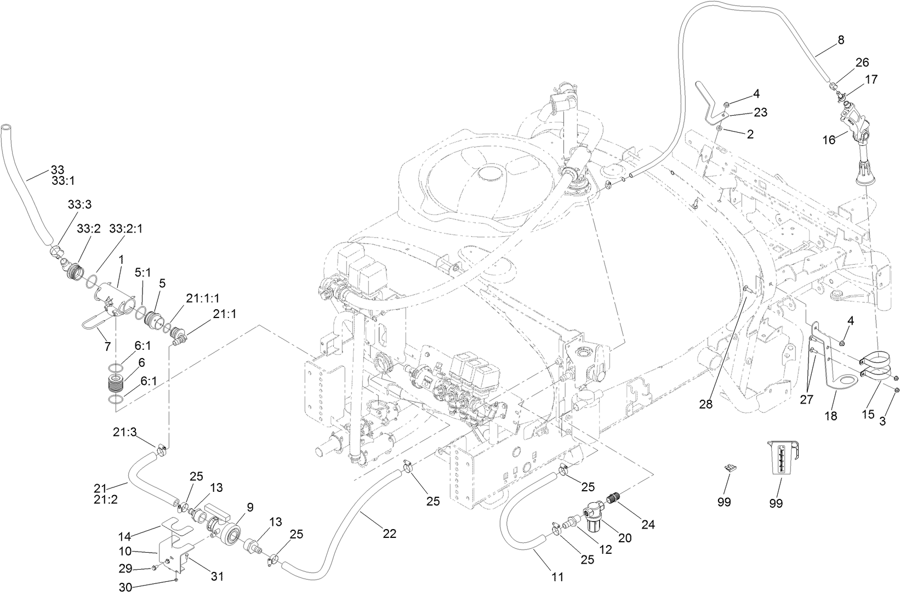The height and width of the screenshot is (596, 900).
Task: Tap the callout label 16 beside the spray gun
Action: tap(828, 140)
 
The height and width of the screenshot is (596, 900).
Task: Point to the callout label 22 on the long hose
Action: tap(389, 533)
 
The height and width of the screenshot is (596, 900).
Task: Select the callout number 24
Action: tap(648, 524)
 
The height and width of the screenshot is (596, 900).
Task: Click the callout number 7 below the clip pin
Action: tap(107, 347)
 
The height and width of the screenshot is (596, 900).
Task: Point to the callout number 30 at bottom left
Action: tap(126, 587)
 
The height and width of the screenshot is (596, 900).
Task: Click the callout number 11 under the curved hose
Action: tap(557, 576)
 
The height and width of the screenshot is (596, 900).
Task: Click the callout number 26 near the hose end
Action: tap(862, 62)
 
